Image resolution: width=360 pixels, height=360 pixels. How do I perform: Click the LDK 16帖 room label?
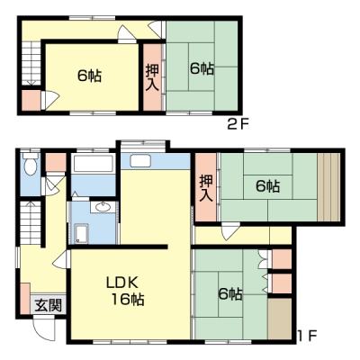pyautogui.click(x=126, y=291)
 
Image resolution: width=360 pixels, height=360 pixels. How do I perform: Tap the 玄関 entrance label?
pyautogui.click(x=49, y=305)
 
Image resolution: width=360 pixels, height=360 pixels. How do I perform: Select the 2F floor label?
pyautogui.click(x=238, y=124)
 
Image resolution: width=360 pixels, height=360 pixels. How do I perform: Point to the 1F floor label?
pyautogui.click(x=307, y=335)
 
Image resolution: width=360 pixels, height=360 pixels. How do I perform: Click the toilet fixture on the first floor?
pyautogui.click(x=31, y=164)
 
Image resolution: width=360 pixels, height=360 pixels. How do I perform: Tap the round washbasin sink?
pyautogui.click(x=103, y=207)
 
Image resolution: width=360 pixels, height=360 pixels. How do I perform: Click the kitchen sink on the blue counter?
pyautogui.click(x=140, y=161)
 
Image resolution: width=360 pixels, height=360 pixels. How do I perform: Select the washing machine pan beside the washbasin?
pyautogui.click(x=80, y=234)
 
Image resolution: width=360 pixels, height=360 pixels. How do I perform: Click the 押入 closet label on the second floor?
pyautogui.click(x=152, y=77)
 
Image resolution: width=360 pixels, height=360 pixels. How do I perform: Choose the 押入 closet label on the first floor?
pyautogui.click(x=206, y=188)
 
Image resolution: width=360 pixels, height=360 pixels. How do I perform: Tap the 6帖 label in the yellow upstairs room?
pyautogui.click(x=89, y=76)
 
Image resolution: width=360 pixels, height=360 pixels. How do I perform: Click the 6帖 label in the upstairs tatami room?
pyautogui.click(x=202, y=68)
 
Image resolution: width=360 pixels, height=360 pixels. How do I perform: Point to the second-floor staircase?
pyautogui.click(x=31, y=64)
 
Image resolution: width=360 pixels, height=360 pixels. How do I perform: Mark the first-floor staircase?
pyautogui.click(x=31, y=222)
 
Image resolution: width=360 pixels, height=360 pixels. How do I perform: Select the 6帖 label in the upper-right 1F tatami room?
pyautogui.click(x=268, y=186)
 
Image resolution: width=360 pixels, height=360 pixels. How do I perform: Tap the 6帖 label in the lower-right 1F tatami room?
pyautogui.click(x=230, y=293)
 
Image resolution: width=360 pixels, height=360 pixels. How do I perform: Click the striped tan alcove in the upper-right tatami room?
pyautogui.click(x=328, y=187)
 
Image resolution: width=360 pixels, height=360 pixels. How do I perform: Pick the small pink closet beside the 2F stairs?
pyautogui.click(x=31, y=100)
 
